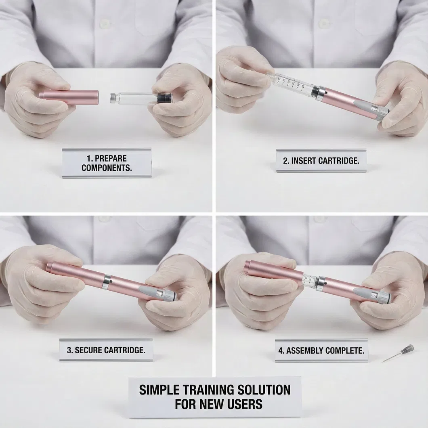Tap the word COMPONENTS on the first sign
(107, 168)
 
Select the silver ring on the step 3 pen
(106, 281)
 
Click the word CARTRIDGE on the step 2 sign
(338, 161)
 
